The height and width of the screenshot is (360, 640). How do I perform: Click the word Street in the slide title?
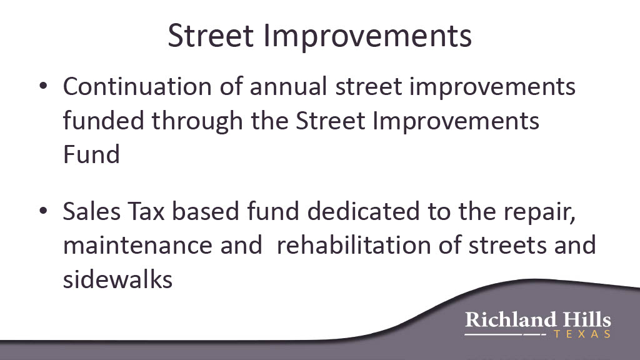[211, 36]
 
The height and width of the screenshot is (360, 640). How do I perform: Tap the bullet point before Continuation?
[43, 86]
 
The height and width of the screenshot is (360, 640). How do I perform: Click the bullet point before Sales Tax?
[43, 211]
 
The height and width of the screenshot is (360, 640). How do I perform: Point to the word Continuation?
[137, 86]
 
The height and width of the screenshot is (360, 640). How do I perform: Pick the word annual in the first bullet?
[289, 86]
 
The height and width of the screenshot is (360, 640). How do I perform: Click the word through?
[197, 122]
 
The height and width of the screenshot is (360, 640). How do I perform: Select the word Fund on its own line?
[91, 154]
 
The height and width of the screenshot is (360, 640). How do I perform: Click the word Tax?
[146, 211]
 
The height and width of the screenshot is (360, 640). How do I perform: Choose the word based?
[205, 211]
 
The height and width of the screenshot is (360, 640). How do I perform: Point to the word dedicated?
[364, 211]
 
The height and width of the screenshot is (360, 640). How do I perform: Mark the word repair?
[539, 213]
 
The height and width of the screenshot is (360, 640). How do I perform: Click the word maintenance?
[137, 245]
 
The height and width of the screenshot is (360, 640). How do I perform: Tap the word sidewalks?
[118, 279]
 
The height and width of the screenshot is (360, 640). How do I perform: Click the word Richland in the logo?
[511, 319]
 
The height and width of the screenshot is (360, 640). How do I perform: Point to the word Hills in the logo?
[587, 319]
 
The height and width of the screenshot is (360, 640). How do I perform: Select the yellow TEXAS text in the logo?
[582, 334]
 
